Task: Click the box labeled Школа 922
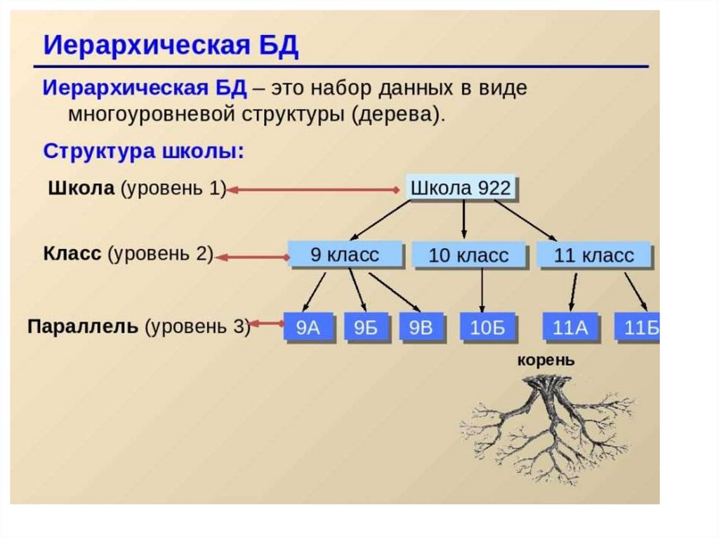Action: click(460, 189)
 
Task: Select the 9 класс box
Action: click(344, 254)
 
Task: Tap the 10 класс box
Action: click(468, 255)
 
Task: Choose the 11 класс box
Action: click(594, 255)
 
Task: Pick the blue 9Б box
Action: click(366, 327)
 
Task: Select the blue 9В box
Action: click(421, 327)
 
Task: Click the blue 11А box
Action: click(569, 328)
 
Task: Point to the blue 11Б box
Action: click(638, 328)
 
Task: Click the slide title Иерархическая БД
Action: click(171, 46)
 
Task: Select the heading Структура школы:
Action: click(144, 152)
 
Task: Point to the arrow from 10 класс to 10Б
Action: click(482, 290)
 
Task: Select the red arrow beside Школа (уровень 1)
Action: click(313, 189)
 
